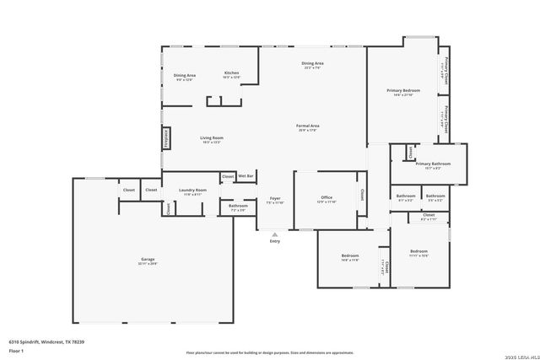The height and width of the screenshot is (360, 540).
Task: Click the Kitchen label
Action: coord(231,73)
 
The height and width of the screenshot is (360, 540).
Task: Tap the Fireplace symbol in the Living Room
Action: coord(165,137)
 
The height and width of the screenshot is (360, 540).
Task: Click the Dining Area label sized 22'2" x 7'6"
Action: coord(312,64)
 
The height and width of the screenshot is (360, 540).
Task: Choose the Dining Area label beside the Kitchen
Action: coord(185,76)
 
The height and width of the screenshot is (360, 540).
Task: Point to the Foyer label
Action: coord(275,198)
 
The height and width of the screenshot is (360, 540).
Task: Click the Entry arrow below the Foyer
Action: coord(274,235)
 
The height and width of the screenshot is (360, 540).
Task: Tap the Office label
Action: coord(326,198)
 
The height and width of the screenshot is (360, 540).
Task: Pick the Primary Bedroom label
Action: coord(403,90)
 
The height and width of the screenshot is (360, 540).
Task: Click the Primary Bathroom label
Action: coord(433,164)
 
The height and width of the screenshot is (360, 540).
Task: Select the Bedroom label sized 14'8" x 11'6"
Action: coord(350,255)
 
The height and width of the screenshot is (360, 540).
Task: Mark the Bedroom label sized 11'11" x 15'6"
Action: coord(419,251)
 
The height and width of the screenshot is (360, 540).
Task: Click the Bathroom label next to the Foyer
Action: coord(238,206)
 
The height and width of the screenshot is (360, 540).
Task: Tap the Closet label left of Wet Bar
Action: coord(228,175)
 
